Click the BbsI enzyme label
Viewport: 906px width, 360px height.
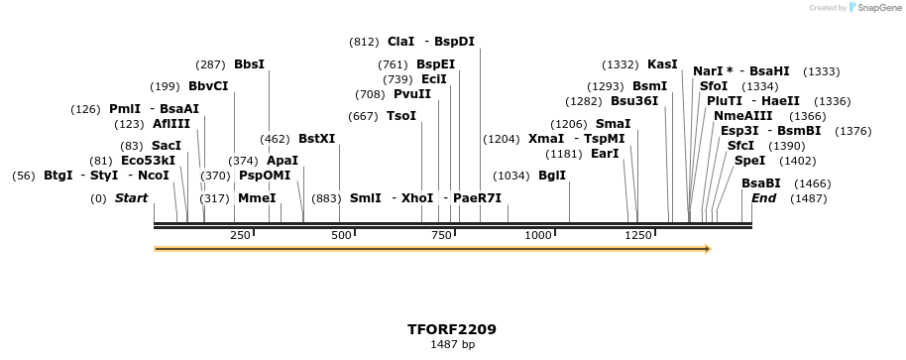(249, 64)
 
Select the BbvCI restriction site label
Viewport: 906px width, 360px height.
(208, 86)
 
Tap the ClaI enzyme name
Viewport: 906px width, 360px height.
(401, 42)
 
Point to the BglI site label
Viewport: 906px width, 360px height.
(552, 176)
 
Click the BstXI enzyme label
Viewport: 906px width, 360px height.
(317, 140)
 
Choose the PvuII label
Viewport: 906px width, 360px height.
(412, 94)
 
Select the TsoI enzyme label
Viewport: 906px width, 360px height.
(401, 116)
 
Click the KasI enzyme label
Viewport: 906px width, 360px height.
(662, 64)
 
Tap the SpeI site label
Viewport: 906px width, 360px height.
(749, 160)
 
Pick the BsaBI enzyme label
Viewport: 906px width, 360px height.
(761, 182)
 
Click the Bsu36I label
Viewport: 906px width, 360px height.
(634, 101)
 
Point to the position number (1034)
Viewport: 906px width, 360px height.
(510, 176)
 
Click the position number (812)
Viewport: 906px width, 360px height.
(364, 42)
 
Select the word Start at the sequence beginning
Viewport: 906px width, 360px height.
(131, 198)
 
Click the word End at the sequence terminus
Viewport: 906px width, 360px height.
(763, 198)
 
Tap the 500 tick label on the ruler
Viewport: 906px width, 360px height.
(342, 235)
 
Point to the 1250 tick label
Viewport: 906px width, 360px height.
(637, 235)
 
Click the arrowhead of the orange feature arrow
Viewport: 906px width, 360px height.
(707, 248)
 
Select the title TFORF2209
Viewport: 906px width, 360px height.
(452, 329)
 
